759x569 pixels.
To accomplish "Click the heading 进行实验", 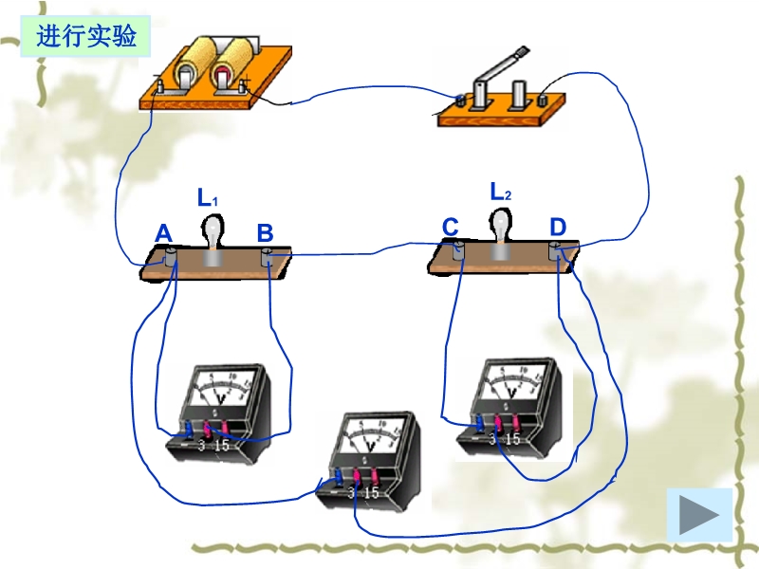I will [86, 37].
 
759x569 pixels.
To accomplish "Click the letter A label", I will [163, 233].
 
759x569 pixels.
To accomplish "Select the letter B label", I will [266, 233].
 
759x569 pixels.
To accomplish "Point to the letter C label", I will [451, 228].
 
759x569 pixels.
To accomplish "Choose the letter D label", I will [558, 228].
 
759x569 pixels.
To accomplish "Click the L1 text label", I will [208, 198].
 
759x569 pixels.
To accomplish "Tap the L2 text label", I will [500, 192].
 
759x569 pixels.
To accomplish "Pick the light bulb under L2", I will [501, 223].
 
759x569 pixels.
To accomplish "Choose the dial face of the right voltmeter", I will [512, 381].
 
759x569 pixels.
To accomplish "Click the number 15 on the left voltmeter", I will [223, 444].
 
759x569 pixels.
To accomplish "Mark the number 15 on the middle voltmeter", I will [371, 493].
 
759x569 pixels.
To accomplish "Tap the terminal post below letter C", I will [458, 249].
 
